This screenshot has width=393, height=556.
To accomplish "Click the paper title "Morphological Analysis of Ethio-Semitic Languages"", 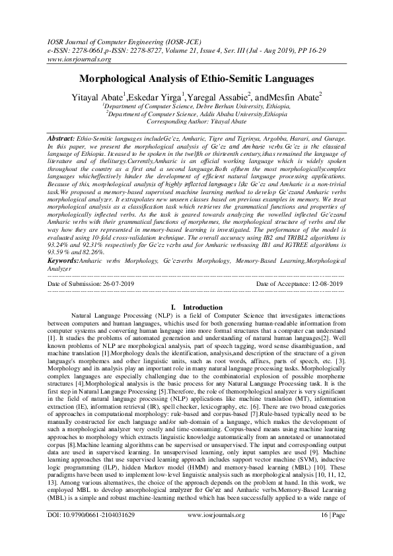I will point(196,79).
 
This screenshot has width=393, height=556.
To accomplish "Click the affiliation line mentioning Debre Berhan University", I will point(196,106).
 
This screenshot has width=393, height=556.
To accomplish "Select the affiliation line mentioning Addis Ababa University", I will point(196,114).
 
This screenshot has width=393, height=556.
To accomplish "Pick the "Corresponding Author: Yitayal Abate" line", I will point(196,122).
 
